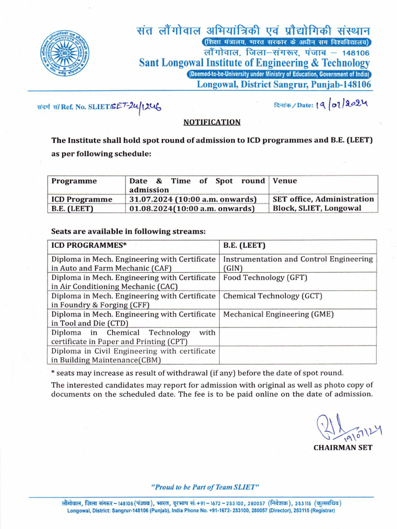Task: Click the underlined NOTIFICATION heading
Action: pyautogui.click(x=212, y=122)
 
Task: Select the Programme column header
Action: pyautogui.click(x=73, y=181)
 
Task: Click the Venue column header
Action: pyautogui.click(x=284, y=181)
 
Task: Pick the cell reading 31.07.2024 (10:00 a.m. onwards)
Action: pyautogui.click(x=193, y=199)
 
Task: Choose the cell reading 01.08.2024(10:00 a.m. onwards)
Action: pyautogui.click(x=192, y=209)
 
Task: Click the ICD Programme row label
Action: pyautogui.click(x=81, y=199)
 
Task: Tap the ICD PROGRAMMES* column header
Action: pyautogui.click(x=88, y=245)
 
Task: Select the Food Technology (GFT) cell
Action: pyautogui.click(x=265, y=277)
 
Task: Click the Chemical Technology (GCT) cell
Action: pyautogui.click(x=272, y=296)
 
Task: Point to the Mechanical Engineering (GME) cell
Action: pyautogui.click(x=278, y=314)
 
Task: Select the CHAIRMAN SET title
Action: pyautogui.click(x=343, y=447)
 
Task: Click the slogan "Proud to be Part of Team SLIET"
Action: pyautogui.click(x=204, y=487)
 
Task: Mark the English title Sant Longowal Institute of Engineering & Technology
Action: pyautogui.click(x=254, y=63)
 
